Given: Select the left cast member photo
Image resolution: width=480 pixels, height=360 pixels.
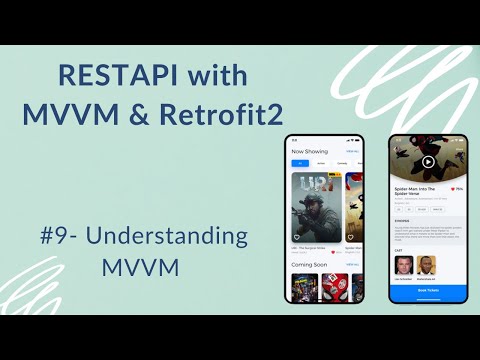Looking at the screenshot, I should [403, 265].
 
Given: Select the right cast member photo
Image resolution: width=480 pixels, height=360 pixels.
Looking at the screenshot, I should [426, 265].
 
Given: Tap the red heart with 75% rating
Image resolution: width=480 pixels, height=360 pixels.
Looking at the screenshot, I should [454, 189].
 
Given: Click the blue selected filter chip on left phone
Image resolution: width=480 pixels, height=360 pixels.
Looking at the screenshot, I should [297, 163].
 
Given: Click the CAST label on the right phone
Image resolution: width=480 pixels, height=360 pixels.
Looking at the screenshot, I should [397, 250].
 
